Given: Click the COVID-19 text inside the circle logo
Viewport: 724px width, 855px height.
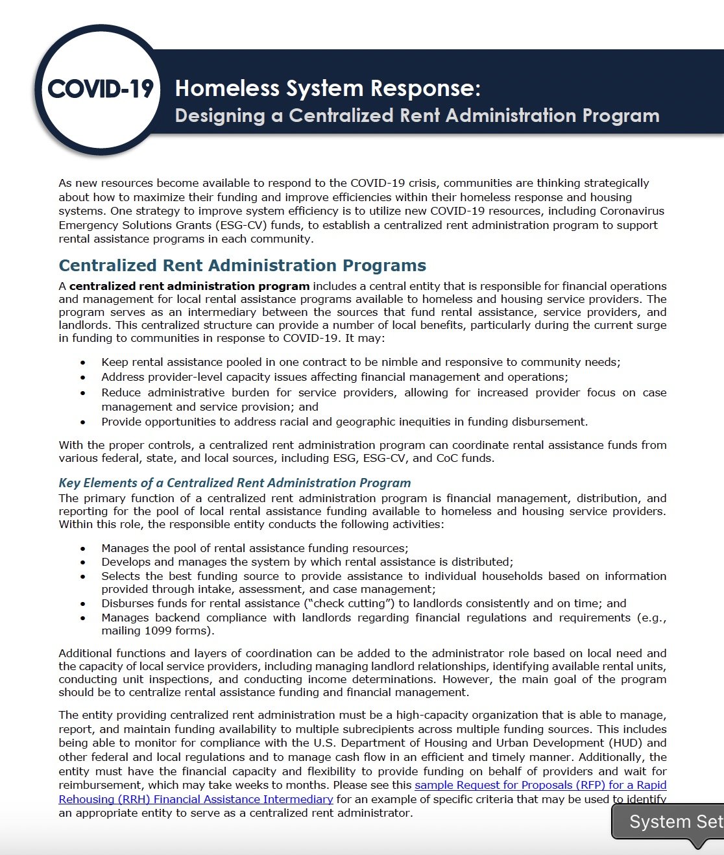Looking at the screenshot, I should coord(101,89).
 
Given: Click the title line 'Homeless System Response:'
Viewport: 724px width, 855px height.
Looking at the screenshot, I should coord(328,88).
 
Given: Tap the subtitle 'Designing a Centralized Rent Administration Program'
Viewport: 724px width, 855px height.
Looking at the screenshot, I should coord(416,115).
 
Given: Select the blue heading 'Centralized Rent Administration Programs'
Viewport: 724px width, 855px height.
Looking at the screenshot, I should coord(242,265).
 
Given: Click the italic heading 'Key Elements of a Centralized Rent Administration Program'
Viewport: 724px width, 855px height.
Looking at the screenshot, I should coord(234,483).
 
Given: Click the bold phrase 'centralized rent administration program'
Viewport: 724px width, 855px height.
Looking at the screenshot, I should coord(189,286).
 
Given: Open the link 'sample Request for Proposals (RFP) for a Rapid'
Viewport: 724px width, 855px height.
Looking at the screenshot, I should coord(540,785).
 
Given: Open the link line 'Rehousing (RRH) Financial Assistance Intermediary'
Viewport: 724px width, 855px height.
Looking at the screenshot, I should coord(195,799).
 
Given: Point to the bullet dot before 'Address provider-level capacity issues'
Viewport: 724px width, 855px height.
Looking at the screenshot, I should coord(82,378).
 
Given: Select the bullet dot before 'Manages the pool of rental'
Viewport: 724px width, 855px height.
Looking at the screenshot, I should coord(82,549).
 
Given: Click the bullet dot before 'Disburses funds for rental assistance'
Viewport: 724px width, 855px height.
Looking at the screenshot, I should coord(82,604).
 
